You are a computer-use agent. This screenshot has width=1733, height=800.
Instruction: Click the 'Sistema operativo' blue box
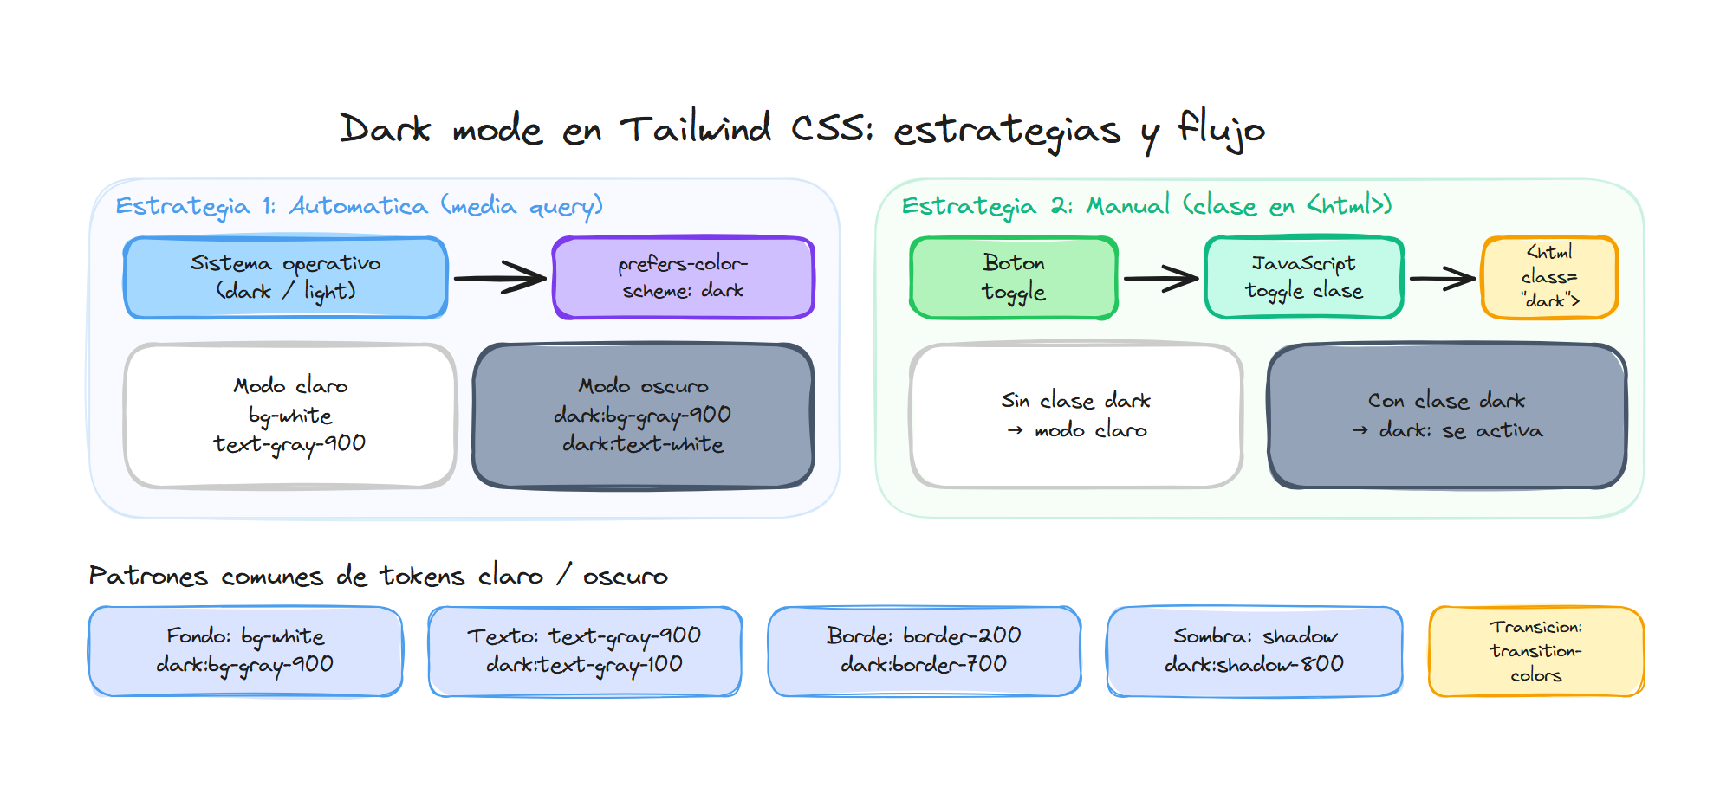pyautogui.click(x=286, y=278)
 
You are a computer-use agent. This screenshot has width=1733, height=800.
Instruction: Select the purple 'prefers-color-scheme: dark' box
pyautogui.click(x=683, y=278)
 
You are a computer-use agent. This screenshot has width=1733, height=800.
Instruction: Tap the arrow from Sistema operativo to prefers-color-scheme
pyautogui.click(x=500, y=278)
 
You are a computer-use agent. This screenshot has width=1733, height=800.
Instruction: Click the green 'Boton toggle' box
pyautogui.click(x=1014, y=278)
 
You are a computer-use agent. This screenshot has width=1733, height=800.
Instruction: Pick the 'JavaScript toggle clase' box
pyautogui.click(x=1303, y=278)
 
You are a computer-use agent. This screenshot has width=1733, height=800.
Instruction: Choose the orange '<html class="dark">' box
pyautogui.click(x=1549, y=278)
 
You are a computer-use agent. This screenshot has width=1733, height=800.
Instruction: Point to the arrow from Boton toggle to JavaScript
pyautogui.click(x=1161, y=278)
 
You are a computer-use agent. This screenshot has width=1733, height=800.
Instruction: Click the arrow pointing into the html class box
pyautogui.click(x=1442, y=278)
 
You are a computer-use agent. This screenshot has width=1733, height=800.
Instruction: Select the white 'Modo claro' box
pyautogui.click(x=289, y=416)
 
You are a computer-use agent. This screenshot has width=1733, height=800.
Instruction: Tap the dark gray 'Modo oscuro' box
pyautogui.click(x=643, y=416)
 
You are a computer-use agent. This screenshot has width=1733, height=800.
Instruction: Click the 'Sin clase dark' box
pyautogui.click(x=1075, y=416)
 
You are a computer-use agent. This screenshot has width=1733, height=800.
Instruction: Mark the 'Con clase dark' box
pyautogui.click(x=1446, y=416)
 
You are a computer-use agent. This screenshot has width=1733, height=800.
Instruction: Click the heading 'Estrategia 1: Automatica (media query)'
pyautogui.click(x=359, y=206)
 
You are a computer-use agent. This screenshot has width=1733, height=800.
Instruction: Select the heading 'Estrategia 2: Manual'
pyautogui.click(x=1146, y=206)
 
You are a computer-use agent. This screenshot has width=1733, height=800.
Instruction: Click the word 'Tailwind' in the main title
pyautogui.click(x=695, y=130)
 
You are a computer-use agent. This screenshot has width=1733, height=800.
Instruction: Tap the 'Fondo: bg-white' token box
pyautogui.click(x=245, y=651)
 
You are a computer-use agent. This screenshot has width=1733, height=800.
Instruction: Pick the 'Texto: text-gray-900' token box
pyautogui.click(x=585, y=651)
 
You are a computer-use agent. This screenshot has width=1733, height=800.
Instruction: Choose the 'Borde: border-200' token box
pyautogui.click(x=924, y=651)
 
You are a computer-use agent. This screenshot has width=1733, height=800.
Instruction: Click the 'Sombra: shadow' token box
pyautogui.click(x=1254, y=651)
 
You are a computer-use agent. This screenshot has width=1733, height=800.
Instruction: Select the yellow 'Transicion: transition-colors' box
pyautogui.click(x=1535, y=651)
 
